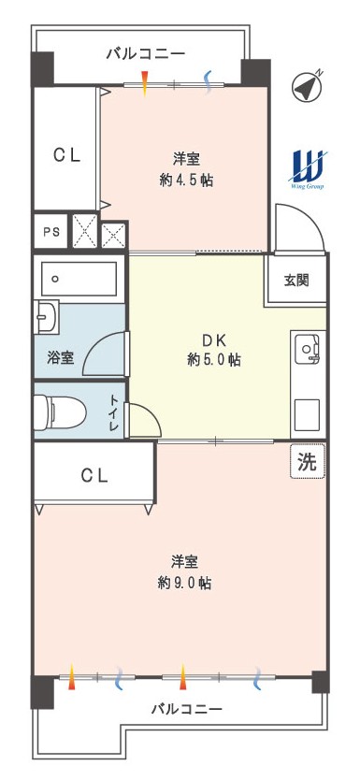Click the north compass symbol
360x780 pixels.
coord(307,87)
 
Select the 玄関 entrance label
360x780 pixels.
coord(296,280)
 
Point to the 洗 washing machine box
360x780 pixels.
coord(308,462)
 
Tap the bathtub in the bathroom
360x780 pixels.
coord(79,279)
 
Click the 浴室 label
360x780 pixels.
coord(60,357)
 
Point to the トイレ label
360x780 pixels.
coord(114,412)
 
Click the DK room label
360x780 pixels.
coord(214,340)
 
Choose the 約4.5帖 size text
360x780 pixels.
coord(186,181)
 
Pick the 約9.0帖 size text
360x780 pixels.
coord(184,583)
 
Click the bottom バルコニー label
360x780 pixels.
coord(186,708)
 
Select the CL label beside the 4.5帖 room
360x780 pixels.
coord(67,155)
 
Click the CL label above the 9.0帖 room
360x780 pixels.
coord(94,476)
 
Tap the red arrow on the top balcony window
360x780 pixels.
coord(145,83)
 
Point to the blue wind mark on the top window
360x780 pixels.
coord(209,81)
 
